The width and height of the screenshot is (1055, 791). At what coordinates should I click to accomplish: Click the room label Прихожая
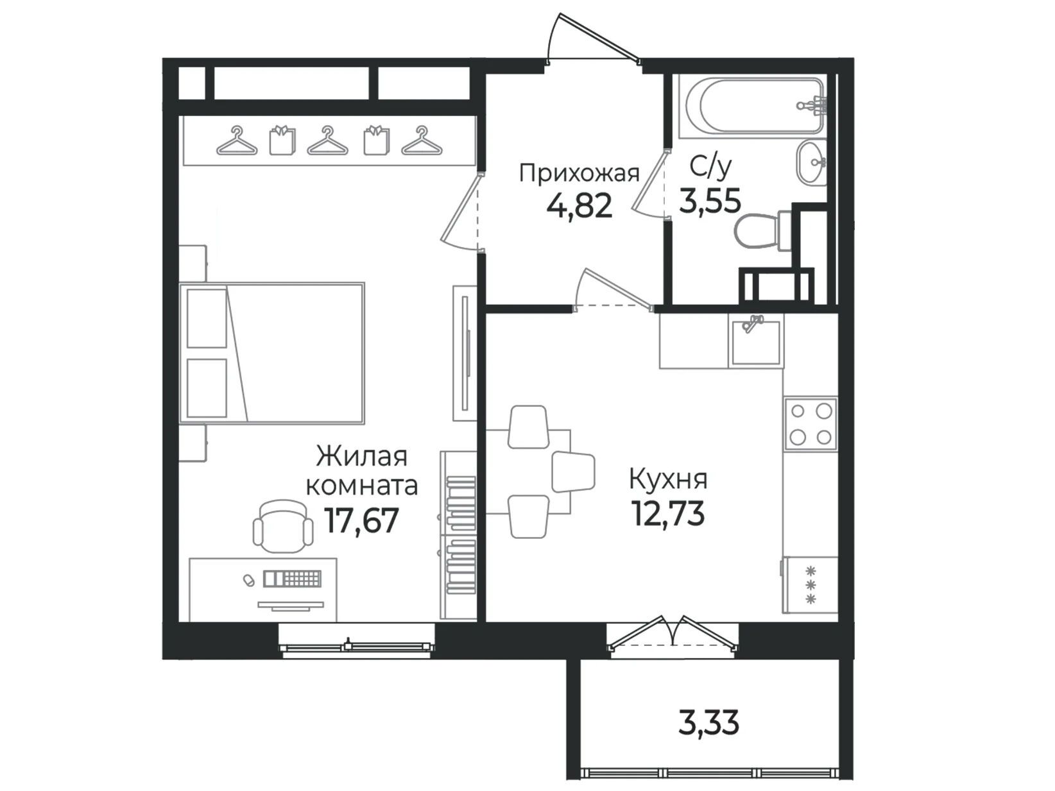(579, 173)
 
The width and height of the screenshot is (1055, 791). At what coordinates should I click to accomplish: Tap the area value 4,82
(579, 205)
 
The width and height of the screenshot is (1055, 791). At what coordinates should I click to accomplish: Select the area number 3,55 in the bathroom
(709, 200)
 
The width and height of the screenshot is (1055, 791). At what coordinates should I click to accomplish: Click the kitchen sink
(755, 341)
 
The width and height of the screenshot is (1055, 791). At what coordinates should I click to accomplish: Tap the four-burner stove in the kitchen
(811, 423)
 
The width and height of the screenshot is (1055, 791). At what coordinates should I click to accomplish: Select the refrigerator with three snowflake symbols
(811, 585)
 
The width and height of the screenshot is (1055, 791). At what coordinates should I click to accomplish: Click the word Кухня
(668, 480)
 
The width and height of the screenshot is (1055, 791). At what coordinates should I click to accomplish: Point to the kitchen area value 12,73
(668, 513)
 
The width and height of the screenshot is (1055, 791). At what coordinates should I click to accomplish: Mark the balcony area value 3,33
(709, 723)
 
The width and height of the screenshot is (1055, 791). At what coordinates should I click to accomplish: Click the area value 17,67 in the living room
(361, 521)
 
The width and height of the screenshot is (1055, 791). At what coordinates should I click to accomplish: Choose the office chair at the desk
(283, 527)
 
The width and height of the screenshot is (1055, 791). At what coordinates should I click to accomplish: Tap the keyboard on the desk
(292, 579)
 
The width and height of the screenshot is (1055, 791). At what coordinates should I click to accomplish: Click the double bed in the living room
(271, 353)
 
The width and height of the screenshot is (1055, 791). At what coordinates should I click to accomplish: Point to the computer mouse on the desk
(249, 580)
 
